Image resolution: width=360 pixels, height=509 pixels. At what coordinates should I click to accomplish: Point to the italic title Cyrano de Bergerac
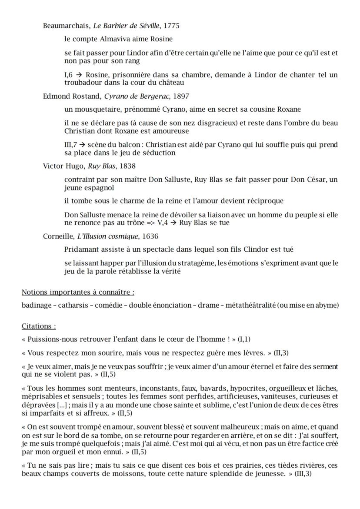138,96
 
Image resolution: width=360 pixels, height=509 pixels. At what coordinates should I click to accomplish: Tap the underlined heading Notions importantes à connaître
78,292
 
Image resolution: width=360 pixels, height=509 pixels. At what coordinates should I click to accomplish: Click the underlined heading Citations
39,326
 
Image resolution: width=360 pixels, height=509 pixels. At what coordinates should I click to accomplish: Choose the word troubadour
83,82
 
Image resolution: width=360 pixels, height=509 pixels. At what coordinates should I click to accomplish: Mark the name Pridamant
82,250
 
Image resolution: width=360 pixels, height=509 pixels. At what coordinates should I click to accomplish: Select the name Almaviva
114,39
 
